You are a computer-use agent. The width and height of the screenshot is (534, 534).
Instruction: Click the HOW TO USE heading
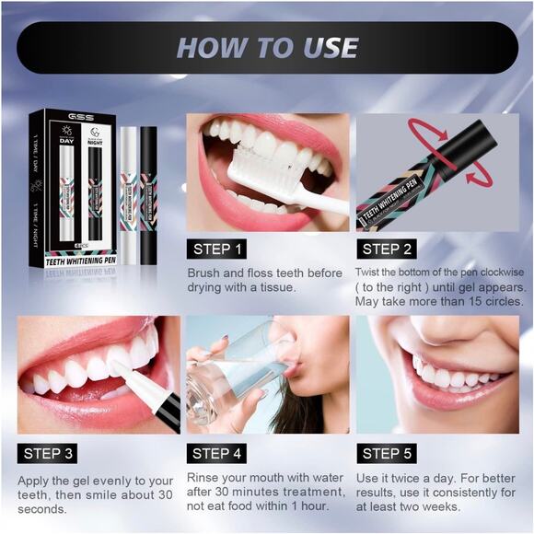[267, 47]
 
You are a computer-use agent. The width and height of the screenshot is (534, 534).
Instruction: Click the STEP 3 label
[50, 453]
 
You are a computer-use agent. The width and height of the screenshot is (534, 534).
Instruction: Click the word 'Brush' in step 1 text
[204, 273]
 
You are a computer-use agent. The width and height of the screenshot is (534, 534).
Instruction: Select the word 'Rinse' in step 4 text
[204, 478]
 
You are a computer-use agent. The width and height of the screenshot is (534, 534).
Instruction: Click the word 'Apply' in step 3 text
[35, 480]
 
